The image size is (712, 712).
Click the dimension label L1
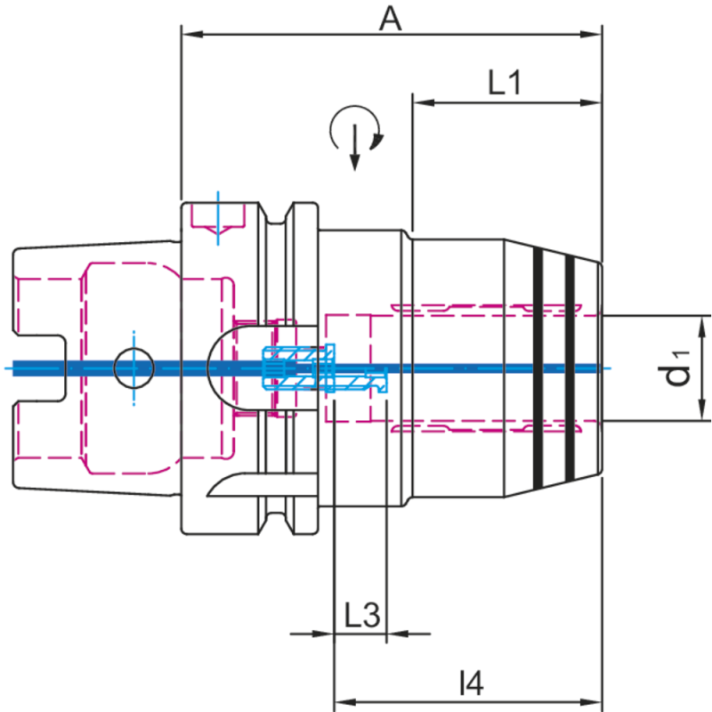click(x=505, y=84)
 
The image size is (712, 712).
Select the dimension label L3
click(x=362, y=615)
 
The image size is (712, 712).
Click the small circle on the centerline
click(x=133, y=367)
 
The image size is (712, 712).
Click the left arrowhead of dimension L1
click(x=420, y=102)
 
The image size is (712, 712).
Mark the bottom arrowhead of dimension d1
click(x=703, y=411)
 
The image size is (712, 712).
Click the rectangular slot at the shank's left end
click(x=39, y=367)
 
